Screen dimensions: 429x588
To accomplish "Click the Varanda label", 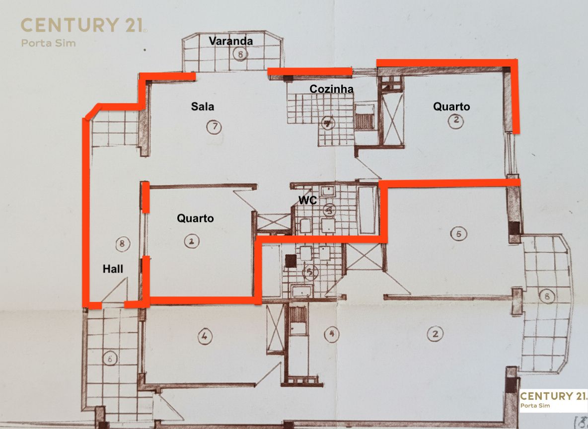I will click(x=230, y=41).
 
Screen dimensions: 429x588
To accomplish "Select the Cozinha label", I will click(x=331, y=89).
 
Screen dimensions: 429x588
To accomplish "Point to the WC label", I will click(x=308, y=200).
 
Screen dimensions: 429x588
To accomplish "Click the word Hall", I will click(x=113, y=269).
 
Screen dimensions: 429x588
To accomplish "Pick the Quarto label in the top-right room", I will click(x=451, y=106).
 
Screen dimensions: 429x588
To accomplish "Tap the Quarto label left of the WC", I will click(x=195, y=218).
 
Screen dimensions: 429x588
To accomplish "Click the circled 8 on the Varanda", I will click(x=240, y=55).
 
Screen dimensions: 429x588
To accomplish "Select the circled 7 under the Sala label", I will click(x=214, y=127).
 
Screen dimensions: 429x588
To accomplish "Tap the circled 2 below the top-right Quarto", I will click(x=455, y=120).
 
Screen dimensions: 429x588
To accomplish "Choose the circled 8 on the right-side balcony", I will click(x=547, y=297).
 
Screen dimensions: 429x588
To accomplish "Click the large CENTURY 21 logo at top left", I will click(x=82, y=25).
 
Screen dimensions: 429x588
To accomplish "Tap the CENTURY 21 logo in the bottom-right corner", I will click(x=553, y=396).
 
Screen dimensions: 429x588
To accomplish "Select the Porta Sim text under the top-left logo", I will click(x=48, y=43).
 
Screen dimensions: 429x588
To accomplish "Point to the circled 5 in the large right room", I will click(x=458, y=233).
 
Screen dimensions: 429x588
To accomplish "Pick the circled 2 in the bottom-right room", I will click(x=435, y=334).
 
